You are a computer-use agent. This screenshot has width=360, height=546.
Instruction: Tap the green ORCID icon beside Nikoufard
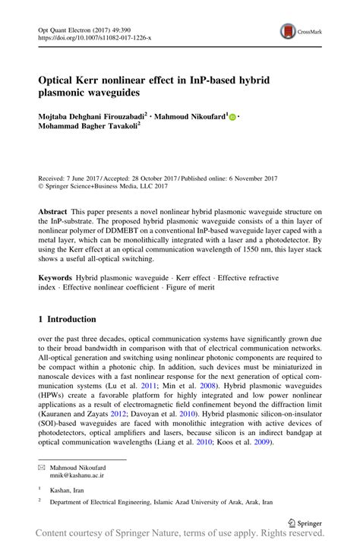click(x=232, y=116)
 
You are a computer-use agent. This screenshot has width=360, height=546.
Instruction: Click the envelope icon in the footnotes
click(x=41, y=469)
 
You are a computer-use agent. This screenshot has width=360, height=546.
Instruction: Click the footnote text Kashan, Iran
click(x=68, y=491)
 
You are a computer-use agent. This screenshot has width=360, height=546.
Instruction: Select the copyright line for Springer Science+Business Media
click(x=105, y=187)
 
